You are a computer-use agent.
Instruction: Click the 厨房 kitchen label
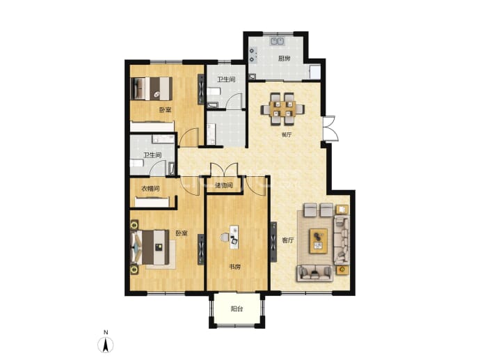click(x=284, y=58)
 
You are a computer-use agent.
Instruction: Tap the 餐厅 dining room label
click(x=286, y=135)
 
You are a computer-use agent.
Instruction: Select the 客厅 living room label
click(x=288, y=240)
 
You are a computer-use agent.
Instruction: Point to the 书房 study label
click(x=235, y=267)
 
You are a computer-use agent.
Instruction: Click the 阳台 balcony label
click(x=237, y=309)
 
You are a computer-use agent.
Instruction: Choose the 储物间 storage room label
click(x=224, y=185)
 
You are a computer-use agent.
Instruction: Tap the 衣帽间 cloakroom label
click(x=150, y=189)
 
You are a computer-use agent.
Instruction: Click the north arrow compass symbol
click(x=106, y=345)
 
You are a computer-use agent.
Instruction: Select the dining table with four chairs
click(x=282, y=109)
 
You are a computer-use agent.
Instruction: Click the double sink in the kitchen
click(x=278, y=41)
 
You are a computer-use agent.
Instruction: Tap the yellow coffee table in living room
click(x=319, y=241)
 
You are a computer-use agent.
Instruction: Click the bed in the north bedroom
click(x=151, y=88)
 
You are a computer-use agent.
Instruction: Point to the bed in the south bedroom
click(x=150, y=247)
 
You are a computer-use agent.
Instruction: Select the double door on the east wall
click(x=330, y=128)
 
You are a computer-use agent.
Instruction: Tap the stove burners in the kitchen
click(x=253, y=55)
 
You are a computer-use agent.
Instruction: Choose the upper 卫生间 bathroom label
click(x=226, y=79)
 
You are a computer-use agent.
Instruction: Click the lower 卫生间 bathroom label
click(x=152, y=155)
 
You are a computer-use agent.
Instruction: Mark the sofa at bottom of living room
click(x=314, y=273)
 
